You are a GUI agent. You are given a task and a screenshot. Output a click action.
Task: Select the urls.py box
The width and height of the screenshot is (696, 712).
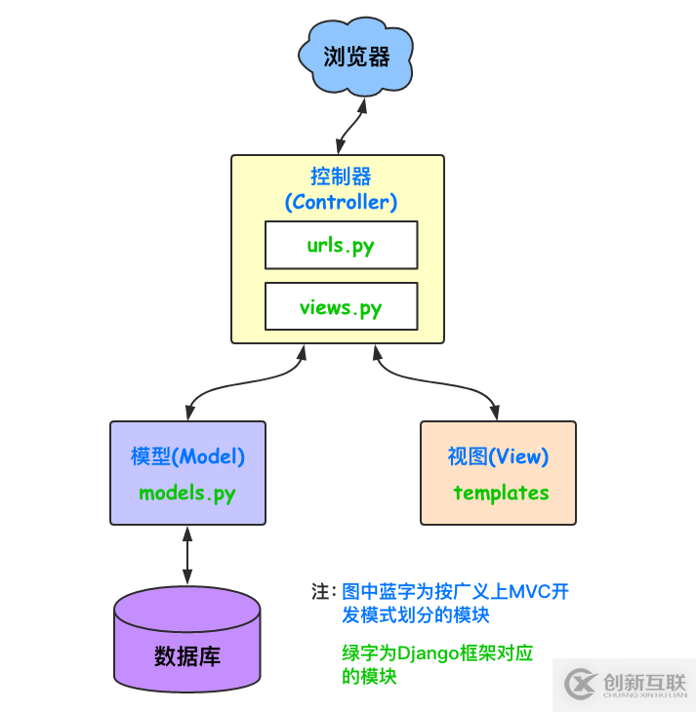tap(341, 245)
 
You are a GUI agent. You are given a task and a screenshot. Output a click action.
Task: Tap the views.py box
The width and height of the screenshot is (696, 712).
tap(341, 307)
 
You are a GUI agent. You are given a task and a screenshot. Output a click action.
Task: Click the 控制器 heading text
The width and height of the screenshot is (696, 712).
tap(341, 177)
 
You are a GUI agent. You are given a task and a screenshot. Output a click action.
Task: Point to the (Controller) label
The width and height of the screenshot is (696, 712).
tap(341, 203)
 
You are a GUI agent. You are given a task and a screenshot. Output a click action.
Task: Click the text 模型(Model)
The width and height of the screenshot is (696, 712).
tap(187, 456)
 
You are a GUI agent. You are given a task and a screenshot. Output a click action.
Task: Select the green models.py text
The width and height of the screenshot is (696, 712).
tap(187, 493)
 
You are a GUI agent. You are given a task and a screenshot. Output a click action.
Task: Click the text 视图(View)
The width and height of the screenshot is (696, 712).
tap(498, 456)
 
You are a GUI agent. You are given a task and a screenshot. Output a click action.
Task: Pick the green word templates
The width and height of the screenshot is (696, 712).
tap(501, 493)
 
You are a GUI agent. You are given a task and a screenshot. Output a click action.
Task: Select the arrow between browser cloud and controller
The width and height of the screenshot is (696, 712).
tap(349, 126)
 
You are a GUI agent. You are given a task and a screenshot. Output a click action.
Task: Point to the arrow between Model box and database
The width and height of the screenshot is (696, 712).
tap(187, 556)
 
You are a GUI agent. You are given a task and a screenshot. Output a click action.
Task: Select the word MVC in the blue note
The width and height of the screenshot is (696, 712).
tap(526, 592)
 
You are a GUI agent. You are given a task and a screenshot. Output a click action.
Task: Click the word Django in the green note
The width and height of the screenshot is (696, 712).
tap(431, 653)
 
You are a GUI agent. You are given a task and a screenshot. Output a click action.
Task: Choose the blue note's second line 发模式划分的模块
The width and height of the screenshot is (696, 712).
tap(415, 615)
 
